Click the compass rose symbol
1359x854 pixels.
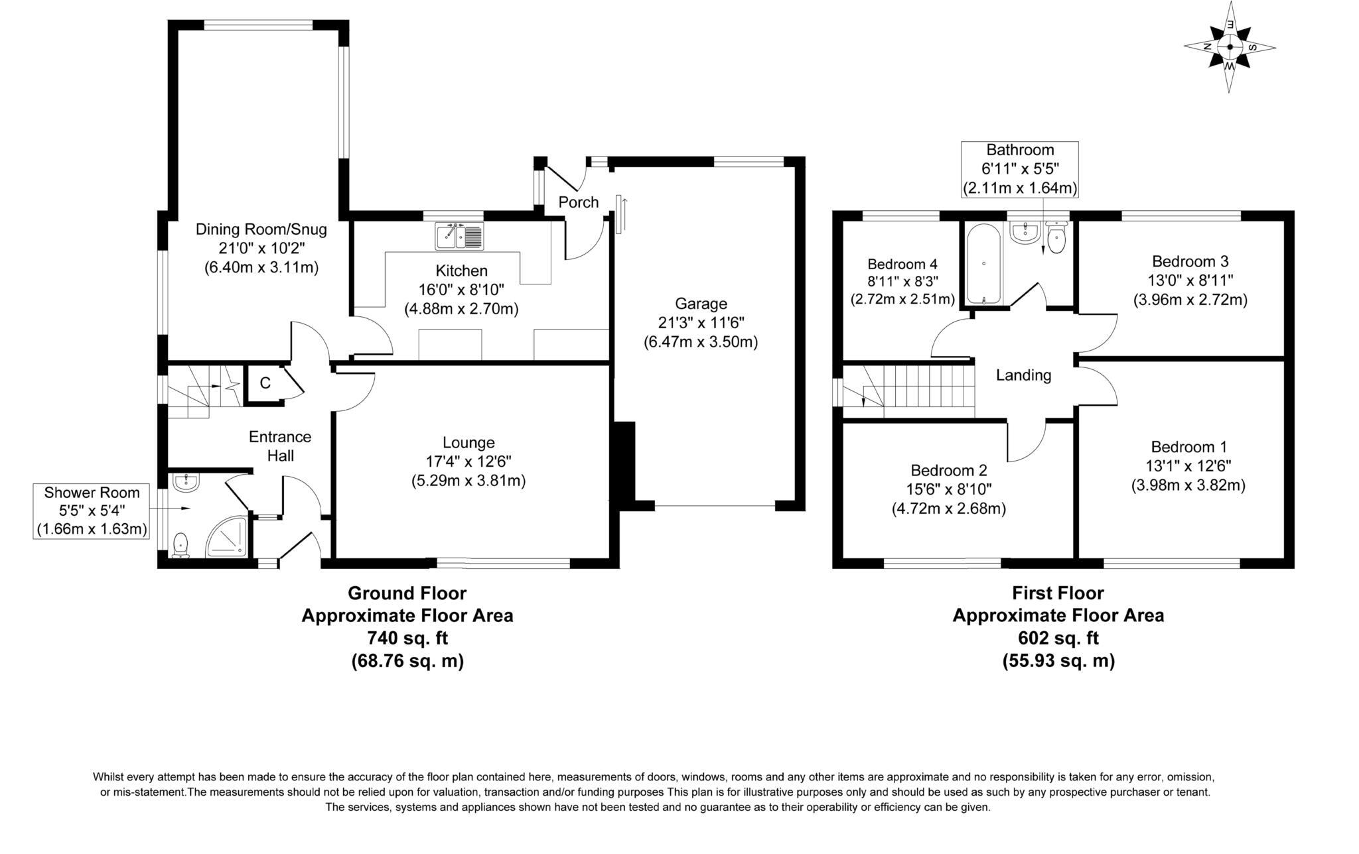[1230, 47]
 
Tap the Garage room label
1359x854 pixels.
[701, 304]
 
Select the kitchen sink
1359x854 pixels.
[460, 236]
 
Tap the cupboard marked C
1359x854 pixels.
[265, 383]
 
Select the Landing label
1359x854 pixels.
[1023, 375]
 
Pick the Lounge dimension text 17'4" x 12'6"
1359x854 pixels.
[468, 461]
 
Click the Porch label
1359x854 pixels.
[578, 202]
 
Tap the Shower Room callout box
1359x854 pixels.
[92, 511]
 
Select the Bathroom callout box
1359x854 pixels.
[1020, 169]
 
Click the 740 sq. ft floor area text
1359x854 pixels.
[407, 638]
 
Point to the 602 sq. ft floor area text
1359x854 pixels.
[1058, 638]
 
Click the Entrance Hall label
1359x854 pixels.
[280, 446]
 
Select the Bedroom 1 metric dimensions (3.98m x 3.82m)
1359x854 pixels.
[1188, 485]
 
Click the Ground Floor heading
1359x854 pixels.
[407, 593]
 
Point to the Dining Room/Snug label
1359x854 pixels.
[261, 229]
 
